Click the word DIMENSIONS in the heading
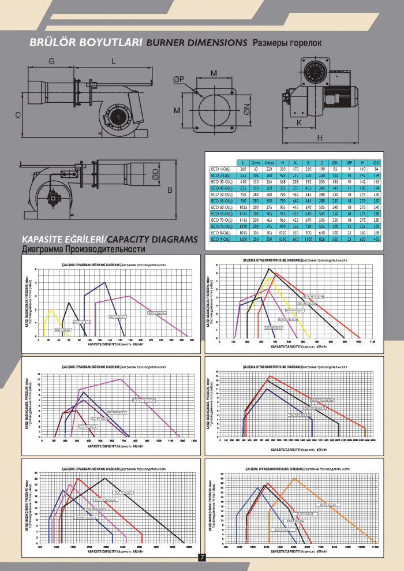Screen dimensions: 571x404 pyautogui.click(x=220, y=43)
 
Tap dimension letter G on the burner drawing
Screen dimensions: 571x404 pyautogui.click(x=51, y=61)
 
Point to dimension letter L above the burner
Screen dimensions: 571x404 pyautogui.click(x=113, y=61)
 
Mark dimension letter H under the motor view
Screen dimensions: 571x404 pyautogui.click(x=319, y=137)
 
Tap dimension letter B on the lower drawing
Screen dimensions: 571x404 pyautogui.click(x=170, y=189)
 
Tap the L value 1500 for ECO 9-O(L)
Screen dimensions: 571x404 pyautogui.click(x=243, y=238)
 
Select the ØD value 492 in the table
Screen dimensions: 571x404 pyautogui.click(x=376, y=238)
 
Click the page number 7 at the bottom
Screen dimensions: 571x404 pyautogui.click(x=202, y=557)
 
